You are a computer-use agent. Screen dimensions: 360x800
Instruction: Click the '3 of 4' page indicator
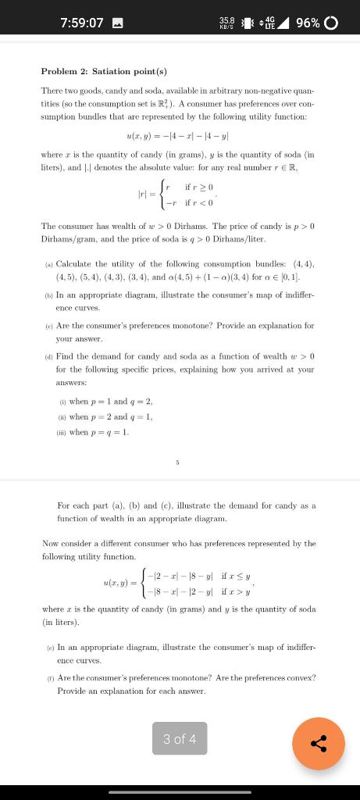[x=180, y=738]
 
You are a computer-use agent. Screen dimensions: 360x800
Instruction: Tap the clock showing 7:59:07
[x=82, y=22]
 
